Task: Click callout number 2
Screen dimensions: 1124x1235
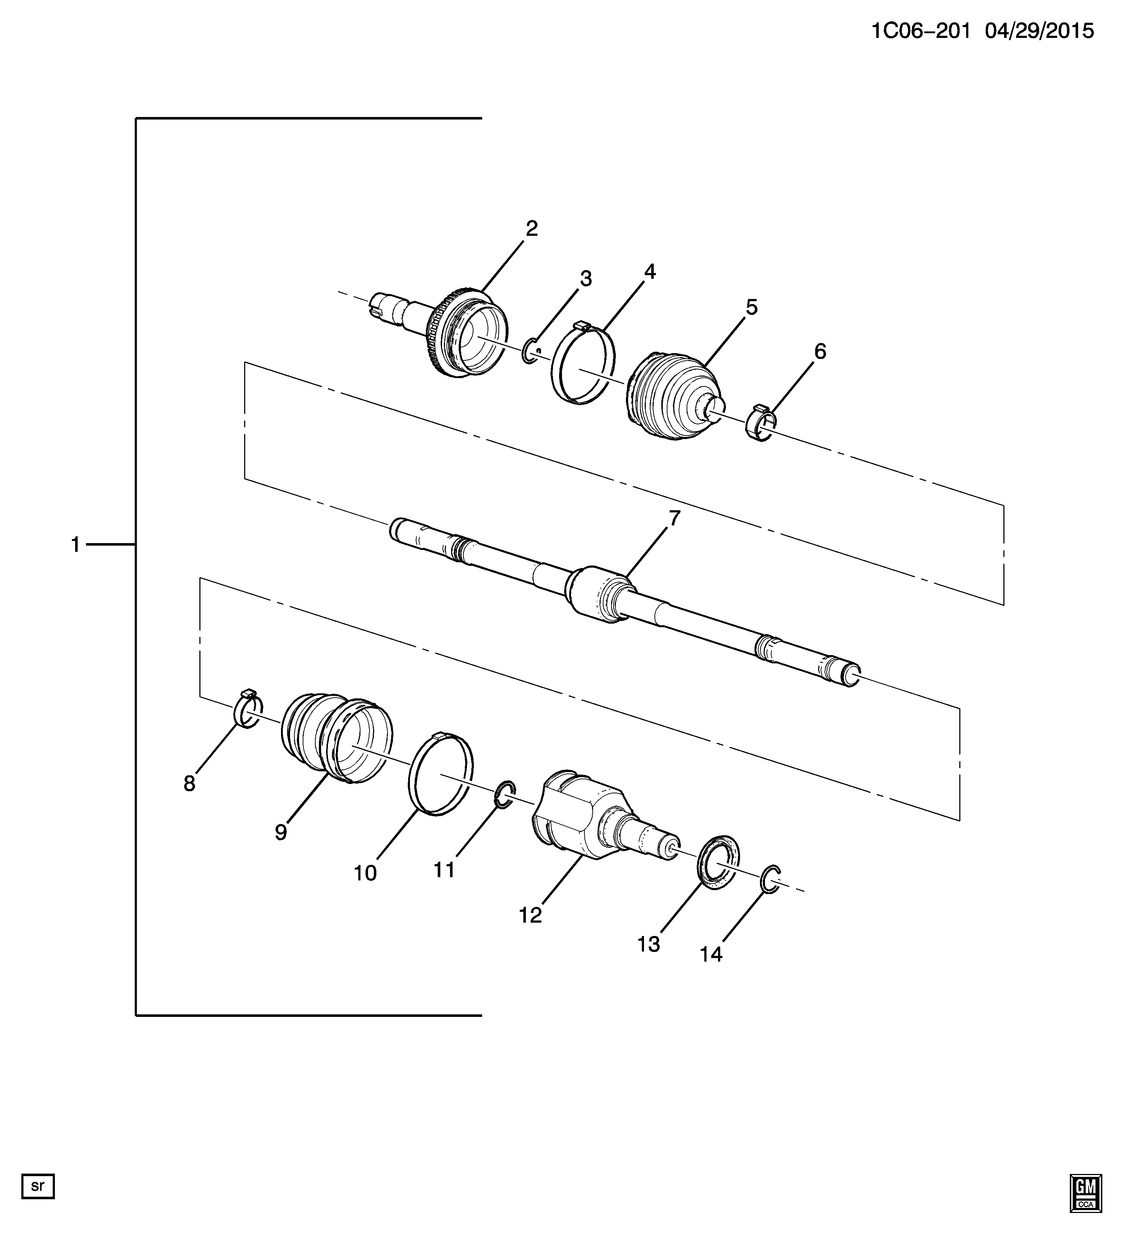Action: coord(531,229)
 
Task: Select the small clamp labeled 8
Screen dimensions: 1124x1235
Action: coord(248,709)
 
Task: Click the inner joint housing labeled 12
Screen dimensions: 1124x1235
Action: coord(604,816)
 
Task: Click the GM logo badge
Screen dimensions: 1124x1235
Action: coord(1086,1193)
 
